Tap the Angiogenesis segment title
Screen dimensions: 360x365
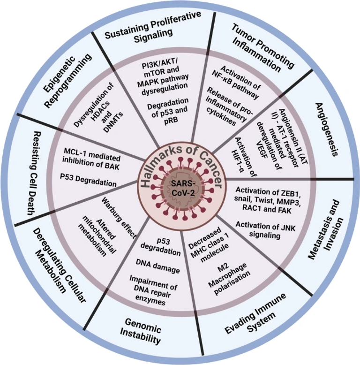coord(326,129)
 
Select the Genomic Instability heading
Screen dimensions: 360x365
coord(141,331)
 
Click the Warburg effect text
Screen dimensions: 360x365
coord(119,218)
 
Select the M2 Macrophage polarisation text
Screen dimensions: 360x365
coord(229,278)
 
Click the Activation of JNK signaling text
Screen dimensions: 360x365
coord(265,230)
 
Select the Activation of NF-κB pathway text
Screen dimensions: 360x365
coord(236,82)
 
